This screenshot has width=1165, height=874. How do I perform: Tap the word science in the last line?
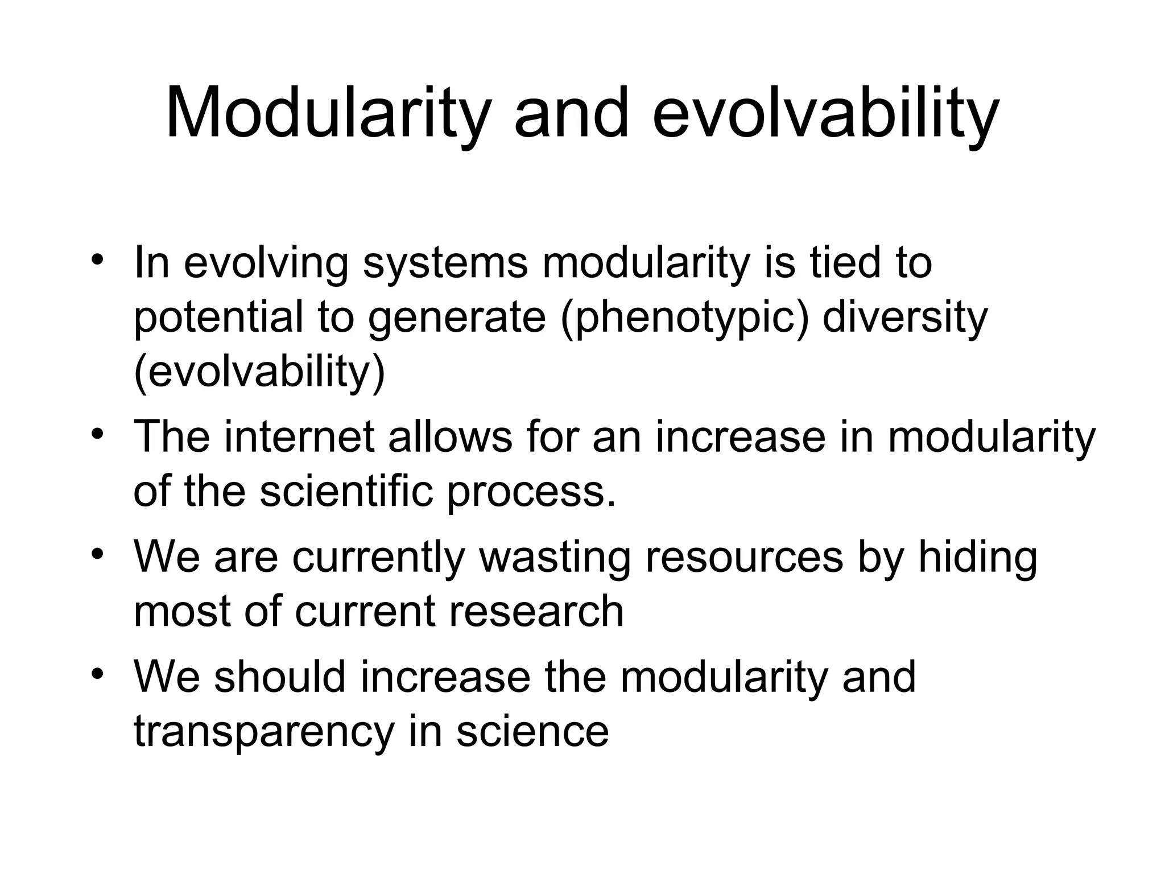[x=532, y=731]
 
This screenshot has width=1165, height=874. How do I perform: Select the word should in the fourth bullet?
[x=280, y=677]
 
